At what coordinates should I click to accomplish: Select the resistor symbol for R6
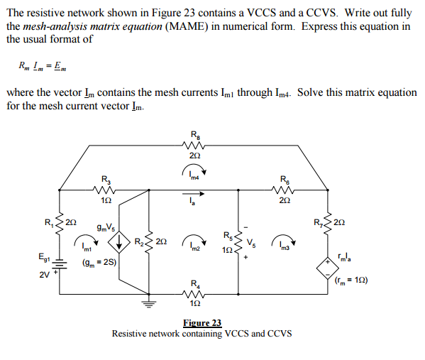(x=284, y=190)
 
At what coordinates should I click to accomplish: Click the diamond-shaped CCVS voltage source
(x=328, y=267)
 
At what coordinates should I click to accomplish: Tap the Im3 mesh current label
(x=284, y=245)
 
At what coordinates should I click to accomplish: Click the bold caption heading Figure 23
(x=202, y=323)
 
